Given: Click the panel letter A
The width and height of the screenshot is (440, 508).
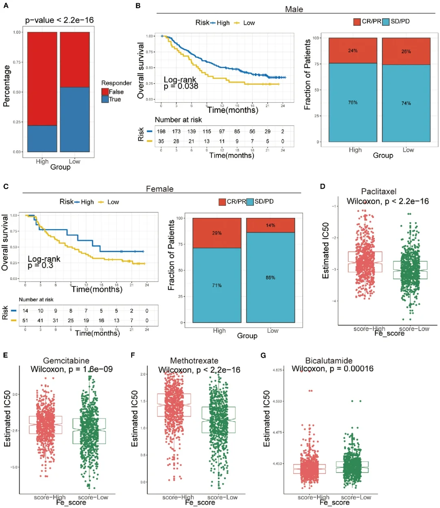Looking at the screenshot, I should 6,6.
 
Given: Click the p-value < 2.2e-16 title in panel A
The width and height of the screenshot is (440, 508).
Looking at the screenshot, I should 59,20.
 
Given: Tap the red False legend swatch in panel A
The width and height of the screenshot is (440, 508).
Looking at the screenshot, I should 105,92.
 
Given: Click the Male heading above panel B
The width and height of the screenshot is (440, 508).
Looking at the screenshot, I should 294,9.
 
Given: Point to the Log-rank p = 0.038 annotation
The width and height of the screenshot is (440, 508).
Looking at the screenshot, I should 180,83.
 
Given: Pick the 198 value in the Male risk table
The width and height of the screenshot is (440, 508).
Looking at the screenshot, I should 161,132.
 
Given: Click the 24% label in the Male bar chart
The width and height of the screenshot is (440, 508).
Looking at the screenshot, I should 353,51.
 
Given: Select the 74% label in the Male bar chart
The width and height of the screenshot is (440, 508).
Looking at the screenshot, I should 406,103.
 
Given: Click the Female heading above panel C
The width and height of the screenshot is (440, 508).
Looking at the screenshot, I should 160,189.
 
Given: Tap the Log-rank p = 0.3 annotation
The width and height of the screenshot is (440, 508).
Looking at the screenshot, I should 44,262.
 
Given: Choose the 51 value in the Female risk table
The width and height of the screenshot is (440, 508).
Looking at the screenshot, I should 25,321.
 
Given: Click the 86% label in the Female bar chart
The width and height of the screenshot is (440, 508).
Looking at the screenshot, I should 271,277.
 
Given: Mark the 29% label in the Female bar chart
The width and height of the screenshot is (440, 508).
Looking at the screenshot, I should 217,233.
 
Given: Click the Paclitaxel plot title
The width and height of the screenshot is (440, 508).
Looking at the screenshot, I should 378,191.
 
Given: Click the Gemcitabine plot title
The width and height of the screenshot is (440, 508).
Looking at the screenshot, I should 66,361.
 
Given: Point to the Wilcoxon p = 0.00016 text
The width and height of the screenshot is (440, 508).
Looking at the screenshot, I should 332,369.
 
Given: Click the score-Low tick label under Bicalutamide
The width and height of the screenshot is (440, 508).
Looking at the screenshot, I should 356,497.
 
